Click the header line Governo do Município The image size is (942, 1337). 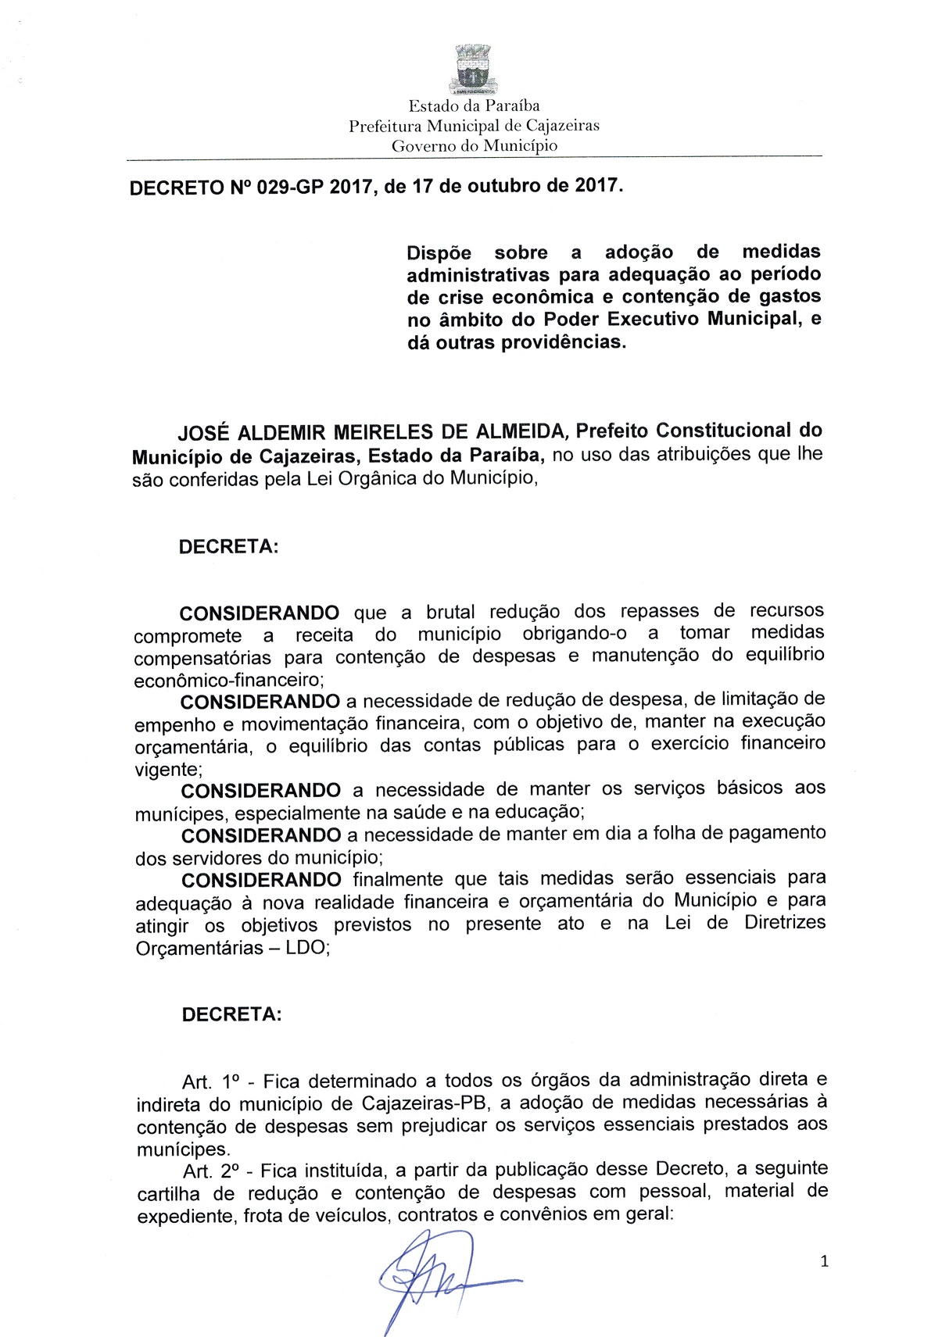pos(475,145)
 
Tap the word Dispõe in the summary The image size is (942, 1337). pos(439,253)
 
